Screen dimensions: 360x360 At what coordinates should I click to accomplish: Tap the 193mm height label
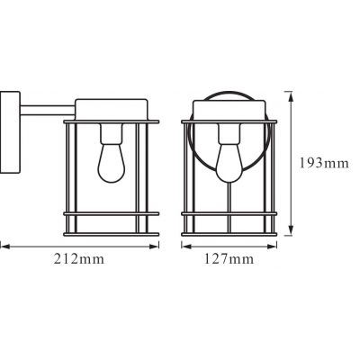click(x=322, y=163)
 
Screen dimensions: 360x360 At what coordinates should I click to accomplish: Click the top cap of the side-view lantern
click(x=113, y=104)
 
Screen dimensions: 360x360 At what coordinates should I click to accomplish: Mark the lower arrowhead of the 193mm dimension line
click(x=290, y=233)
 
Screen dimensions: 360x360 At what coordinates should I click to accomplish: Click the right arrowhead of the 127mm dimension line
click(x=272, y=244)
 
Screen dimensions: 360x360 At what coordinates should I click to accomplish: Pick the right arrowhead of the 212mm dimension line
click(x=157, y=244)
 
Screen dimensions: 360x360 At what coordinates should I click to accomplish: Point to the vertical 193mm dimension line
click(x=290, y=163)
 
